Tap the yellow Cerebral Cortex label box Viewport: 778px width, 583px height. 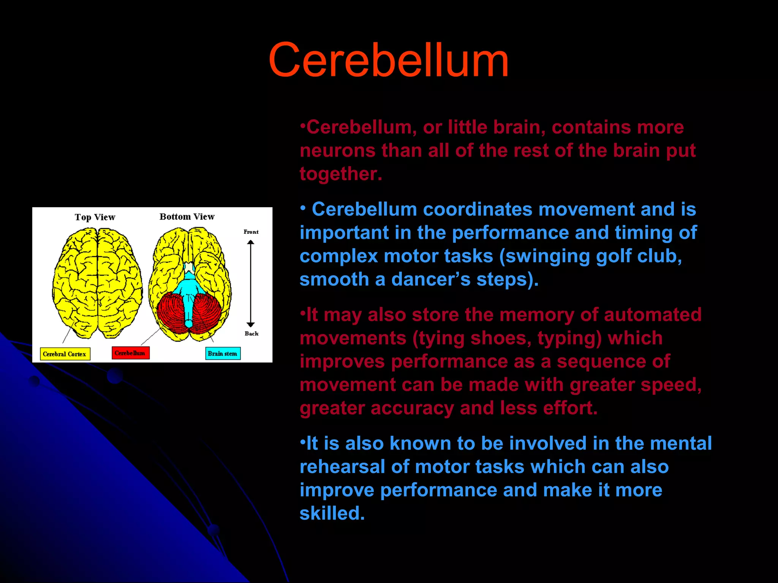65,354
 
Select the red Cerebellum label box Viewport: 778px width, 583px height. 130,353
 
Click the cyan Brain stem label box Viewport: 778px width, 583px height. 223,353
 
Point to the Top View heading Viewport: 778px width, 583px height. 95,217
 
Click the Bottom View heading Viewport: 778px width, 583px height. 187,217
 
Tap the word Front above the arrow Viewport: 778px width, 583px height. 251,232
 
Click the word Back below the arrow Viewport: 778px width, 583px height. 251,333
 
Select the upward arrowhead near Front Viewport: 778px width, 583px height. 250,242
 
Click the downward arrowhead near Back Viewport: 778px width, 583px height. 250,324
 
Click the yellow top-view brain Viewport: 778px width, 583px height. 97,283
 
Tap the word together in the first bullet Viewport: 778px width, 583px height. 340,174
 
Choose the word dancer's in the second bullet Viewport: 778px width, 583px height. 431,280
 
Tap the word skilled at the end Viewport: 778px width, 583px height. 331,514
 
